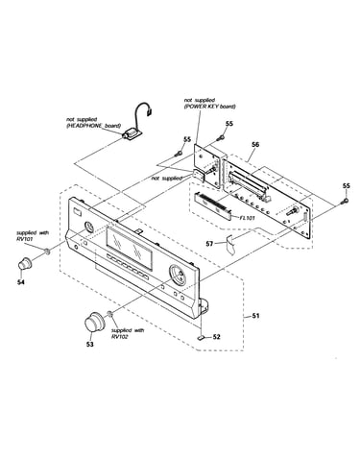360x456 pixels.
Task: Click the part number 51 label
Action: (x=255, y=316)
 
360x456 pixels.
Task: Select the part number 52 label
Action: (x=217, y=337)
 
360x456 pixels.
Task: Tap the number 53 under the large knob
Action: (x=90, y=344)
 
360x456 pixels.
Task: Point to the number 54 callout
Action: (x=21, y=282)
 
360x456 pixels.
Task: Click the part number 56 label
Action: (x=255, y=145)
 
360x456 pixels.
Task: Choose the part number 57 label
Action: (x=209, y=244)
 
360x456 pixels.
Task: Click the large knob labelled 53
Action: (x=94, y=322)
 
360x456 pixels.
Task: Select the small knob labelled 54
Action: (x=25, y=263)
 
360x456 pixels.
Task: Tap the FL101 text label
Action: (x=247, y=218)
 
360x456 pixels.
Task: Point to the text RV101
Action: (x=24, y=238)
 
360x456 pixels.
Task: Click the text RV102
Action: (x=119, y=336)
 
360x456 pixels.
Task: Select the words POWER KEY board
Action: (x=210, y=107)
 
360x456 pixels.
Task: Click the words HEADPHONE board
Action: (x=93, y=126)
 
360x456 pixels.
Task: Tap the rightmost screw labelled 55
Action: (x=345, y=201)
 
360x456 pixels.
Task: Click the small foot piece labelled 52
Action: (x=202, y=337)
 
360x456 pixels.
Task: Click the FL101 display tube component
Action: (x=212, y=207)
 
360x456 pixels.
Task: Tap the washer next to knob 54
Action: (x=47, y=252)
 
